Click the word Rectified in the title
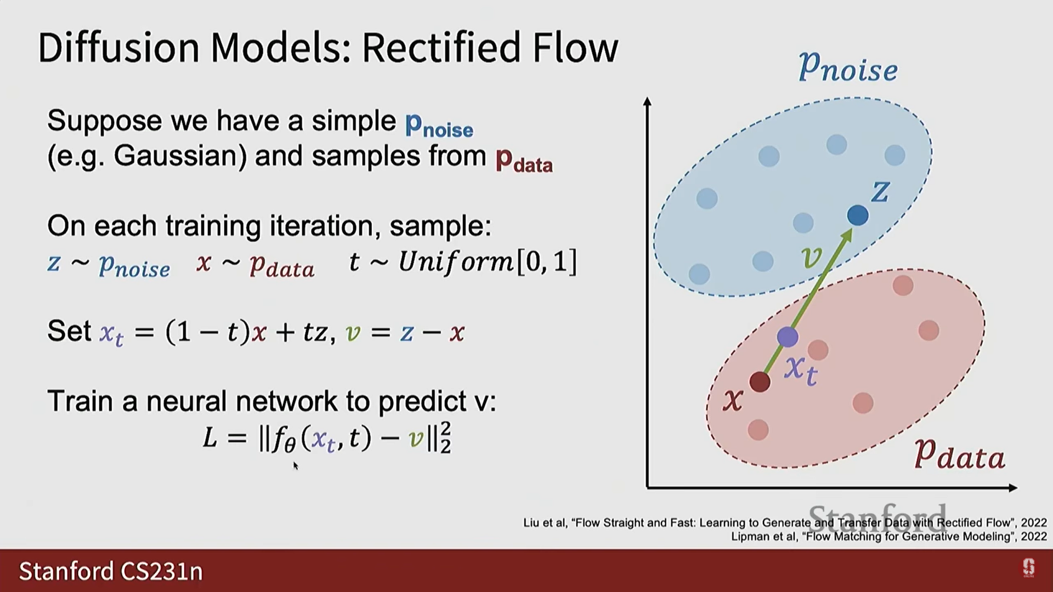pos(441,48)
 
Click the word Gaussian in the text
pos(175,156)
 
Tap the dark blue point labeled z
pos(857,215)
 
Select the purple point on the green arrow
pos(788,337)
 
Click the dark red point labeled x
pos(760,382)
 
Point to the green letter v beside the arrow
pos(812,257)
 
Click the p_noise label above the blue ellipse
pos(847,68)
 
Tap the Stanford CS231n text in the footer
pos(111,571)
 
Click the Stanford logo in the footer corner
pos(1028,568)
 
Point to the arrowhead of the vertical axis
pos(647,101)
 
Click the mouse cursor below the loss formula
pos(295,465)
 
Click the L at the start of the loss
pos(210,439)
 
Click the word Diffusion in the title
pos(118,48)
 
